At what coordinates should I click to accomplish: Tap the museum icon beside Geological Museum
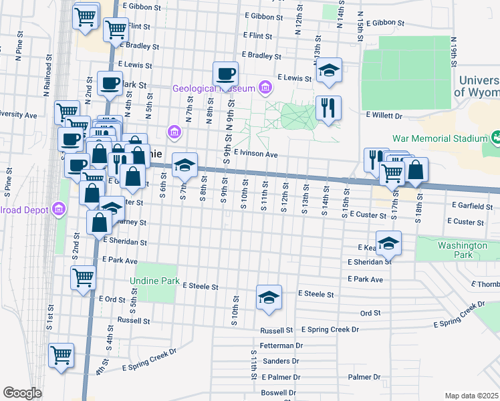point(266,88)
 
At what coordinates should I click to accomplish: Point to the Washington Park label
point(463,250)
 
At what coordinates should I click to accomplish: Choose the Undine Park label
point(155,281)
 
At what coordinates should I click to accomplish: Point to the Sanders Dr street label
point(281,361)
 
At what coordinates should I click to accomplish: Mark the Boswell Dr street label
point(278,392)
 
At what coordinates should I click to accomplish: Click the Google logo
point(22,393)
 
